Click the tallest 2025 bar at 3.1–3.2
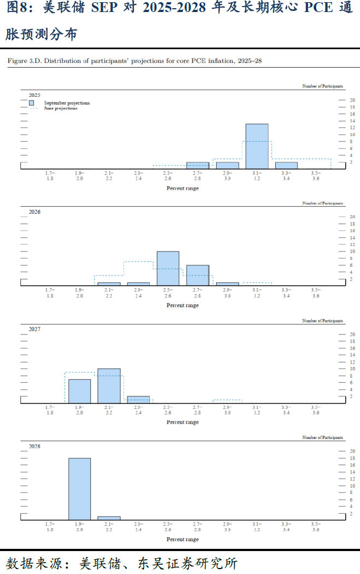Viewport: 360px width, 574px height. point(257,146)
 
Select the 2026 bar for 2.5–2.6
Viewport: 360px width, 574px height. point(168,268)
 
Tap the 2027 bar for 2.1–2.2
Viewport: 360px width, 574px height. point(109,386)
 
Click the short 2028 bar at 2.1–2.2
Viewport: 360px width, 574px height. point(109,518)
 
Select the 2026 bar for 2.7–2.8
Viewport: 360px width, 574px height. point(198,275)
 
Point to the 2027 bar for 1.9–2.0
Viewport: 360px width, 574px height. point(79,391)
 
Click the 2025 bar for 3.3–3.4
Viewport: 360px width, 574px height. point(286,165)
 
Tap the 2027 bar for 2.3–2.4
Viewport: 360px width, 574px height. point(138,400)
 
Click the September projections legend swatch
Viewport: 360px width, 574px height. point(32,103)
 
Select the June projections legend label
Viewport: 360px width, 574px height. point(61,108)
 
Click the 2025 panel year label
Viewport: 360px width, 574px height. point(34,95)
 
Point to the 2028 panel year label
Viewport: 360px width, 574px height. point(34,446)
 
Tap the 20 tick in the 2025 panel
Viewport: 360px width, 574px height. point(352,100)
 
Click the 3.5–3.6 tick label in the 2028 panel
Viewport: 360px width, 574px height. point(316,526)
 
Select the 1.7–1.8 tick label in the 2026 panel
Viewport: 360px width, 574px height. point(50,292)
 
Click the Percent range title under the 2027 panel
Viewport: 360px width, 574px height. point(183,422)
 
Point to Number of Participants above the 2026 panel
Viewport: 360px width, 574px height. point(323,203)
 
